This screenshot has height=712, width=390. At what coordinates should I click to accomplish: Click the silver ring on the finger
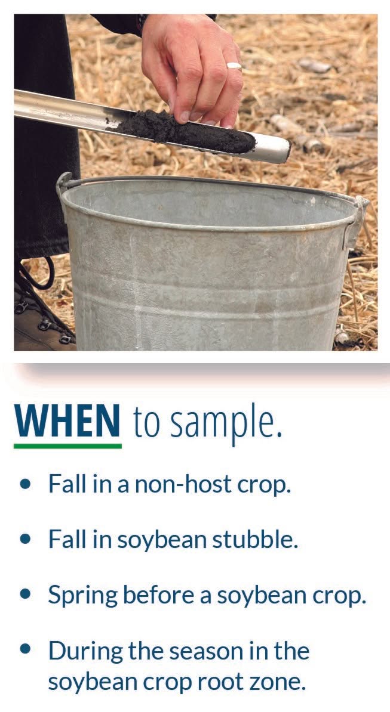[235, 66]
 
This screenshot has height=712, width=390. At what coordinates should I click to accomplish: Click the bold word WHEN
[67, 421]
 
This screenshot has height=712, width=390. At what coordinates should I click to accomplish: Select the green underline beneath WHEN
[67, 446]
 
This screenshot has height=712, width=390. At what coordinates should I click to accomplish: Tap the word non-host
[178, 484]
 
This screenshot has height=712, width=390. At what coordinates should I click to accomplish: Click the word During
[85, 651]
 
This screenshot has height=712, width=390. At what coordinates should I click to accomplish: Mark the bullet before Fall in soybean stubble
[26, 540]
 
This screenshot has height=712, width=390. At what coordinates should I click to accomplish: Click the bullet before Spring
[26, 595]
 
